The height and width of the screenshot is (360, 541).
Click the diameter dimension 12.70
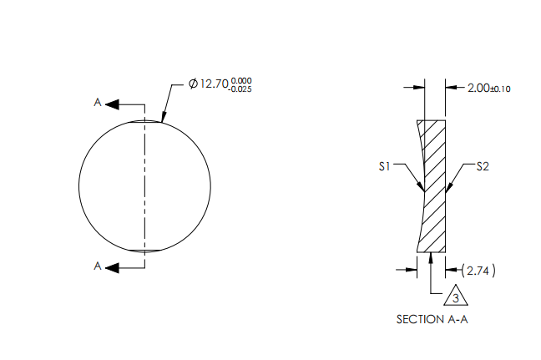pos(214,84)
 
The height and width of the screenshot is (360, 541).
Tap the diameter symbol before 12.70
pos(193,84)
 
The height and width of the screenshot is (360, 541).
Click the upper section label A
pos(98,103)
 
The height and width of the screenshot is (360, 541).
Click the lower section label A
pos(98,266)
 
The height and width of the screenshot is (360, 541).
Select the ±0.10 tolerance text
pos(500,88)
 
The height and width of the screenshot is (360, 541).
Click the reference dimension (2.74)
pos(479,270)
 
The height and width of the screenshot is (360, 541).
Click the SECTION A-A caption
pos(432,319)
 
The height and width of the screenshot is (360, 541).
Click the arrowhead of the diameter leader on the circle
pos(163,120)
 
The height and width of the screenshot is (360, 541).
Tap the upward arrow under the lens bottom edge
pos(430,257)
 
